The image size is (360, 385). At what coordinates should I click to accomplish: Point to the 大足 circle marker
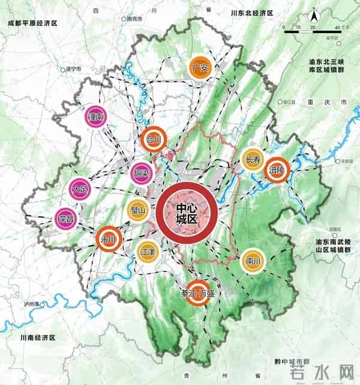[80, 189]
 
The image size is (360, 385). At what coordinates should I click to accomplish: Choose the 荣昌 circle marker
[66, 217]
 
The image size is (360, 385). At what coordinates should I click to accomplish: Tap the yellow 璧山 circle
[138, 210]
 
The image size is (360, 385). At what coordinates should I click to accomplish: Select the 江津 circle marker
[147, 251]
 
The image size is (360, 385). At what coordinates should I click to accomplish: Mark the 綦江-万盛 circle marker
[197, 293]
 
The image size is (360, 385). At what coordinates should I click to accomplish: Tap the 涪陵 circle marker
[277, 170]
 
